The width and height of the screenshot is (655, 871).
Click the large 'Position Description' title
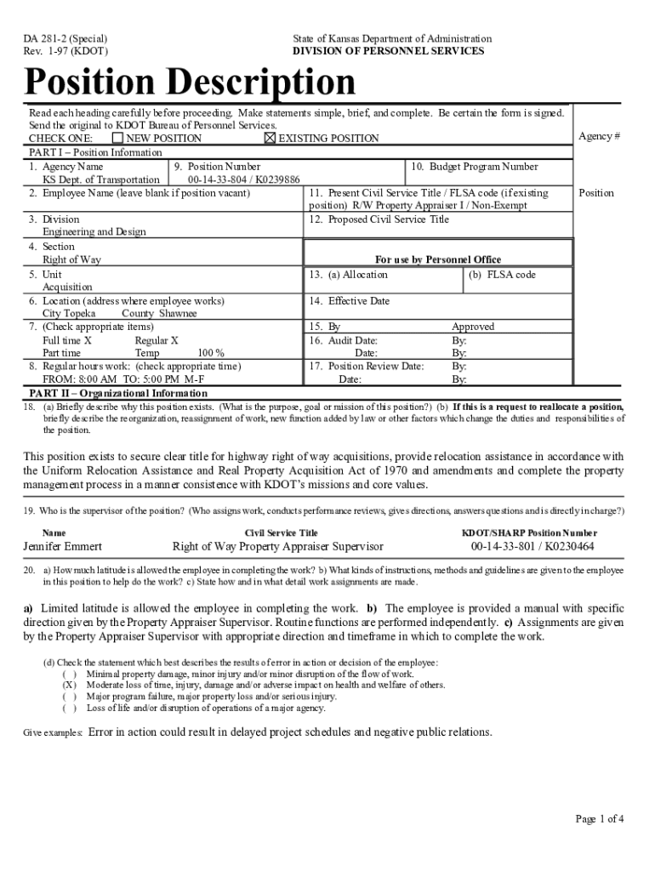(191, 83)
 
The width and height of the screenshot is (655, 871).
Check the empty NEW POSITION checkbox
(117, 138)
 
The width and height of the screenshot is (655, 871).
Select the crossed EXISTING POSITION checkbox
(271, 138)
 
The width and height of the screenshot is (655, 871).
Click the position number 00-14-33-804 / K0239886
(244, 179)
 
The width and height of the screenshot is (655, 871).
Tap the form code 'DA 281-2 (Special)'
(71, 39)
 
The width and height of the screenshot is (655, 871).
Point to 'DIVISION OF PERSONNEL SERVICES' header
(389, 51)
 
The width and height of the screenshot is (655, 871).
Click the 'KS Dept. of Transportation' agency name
(101, 179)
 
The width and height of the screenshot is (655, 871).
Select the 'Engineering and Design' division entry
(94, 231)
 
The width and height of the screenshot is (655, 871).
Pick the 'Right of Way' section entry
(72, 259)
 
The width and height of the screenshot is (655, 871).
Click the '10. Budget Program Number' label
(475, 167)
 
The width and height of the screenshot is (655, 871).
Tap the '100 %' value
(211, 353)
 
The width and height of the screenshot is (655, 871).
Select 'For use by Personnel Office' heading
(438, 259)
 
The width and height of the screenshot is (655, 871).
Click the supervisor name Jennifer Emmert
(63, 547)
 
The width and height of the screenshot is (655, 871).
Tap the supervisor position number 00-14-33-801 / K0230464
(533, 547)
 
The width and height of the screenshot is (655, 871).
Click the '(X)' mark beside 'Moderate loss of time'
(70, 685)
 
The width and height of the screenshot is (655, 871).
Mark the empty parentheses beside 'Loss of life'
(70, 708)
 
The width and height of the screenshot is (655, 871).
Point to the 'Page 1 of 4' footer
(601, 820)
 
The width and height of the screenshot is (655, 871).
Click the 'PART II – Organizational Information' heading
(118, 393)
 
